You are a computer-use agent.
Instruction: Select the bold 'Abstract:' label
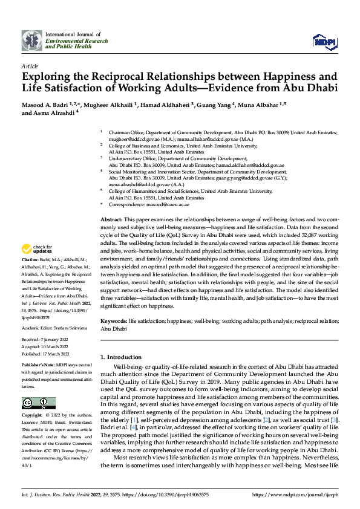(111, 217)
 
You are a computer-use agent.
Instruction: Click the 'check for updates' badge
(38, 249)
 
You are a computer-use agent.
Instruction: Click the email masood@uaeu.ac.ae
(162, 204)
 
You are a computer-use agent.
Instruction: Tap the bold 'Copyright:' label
(33, 416)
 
